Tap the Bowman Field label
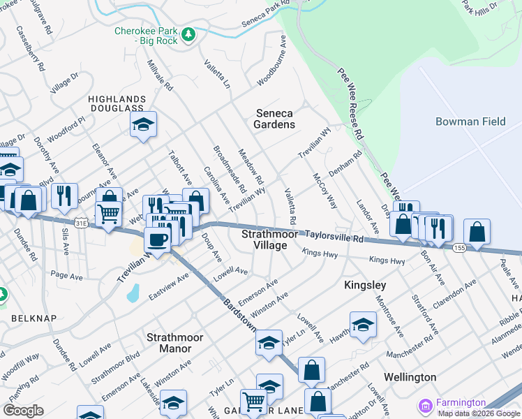tap(470, 122)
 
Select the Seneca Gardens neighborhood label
tap(275, 119)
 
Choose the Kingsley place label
tap(365, 286)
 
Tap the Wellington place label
tap(410, 377)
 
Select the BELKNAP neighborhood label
tap(29, 318)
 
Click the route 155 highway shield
tap(459, 247)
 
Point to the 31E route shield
tap(82, 223)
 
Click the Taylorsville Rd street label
tap(336, 238)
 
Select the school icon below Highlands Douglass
tap(143, 125)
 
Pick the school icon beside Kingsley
tap(363, 325)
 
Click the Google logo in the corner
tap(22, 411)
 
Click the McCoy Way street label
tap(325, 191)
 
